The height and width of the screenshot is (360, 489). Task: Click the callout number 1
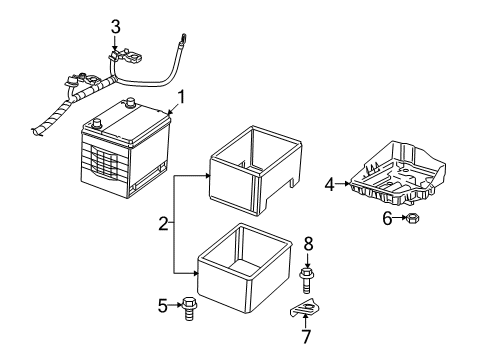[181, 98]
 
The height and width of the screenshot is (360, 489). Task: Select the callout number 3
[116, 25]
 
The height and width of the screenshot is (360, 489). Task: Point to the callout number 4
[329, 183]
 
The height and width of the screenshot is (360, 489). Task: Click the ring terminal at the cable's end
[182, 41]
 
